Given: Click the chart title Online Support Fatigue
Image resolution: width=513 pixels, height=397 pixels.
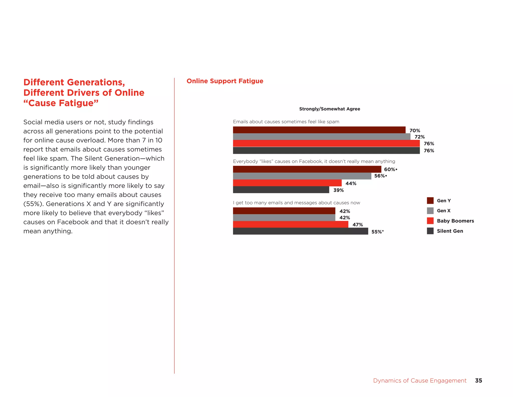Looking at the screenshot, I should click(x=225, y=81).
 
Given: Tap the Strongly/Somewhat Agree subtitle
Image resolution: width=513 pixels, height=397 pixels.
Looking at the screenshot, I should click(x=329, y=109).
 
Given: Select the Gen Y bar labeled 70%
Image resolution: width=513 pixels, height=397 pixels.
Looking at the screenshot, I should click(x=319, y=130).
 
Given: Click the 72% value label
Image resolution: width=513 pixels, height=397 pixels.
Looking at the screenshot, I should click(x=420, y=137).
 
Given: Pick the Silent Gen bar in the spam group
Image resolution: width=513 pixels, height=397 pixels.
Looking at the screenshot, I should click(x=326, y=151).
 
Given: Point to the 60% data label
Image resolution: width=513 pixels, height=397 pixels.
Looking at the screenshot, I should click(x=390, y=169).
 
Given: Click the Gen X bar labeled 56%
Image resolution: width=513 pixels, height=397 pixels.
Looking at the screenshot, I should click(x=302, y=176).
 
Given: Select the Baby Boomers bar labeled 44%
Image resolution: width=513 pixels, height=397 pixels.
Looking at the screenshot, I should click(x=287, y=183).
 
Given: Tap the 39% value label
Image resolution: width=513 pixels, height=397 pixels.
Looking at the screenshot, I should click(x=338, y=190).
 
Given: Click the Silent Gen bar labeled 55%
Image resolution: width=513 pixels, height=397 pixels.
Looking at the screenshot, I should click(x=300, y=231).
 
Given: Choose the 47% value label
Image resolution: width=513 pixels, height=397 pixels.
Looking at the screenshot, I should click(x=357, y=225).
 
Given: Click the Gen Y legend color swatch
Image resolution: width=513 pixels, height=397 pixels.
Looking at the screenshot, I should click(x=430, y=201).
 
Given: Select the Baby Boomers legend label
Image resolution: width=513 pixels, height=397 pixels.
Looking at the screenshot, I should click(x=455, y=221).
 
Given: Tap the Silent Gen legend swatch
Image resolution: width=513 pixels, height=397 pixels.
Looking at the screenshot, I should click(x=430, y=231).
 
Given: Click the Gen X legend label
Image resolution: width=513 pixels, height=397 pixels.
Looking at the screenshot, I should click(x=444, y=211).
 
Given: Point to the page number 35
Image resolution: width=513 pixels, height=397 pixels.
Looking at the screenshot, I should click(x=478, y=380).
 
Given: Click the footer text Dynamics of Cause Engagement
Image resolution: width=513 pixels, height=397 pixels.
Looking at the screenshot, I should click(x=420, y=380).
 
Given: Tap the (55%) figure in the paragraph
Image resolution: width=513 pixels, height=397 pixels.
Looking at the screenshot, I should click(x=33, y=204).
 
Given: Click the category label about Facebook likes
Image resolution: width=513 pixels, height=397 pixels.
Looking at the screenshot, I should click(x=314, y=161).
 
